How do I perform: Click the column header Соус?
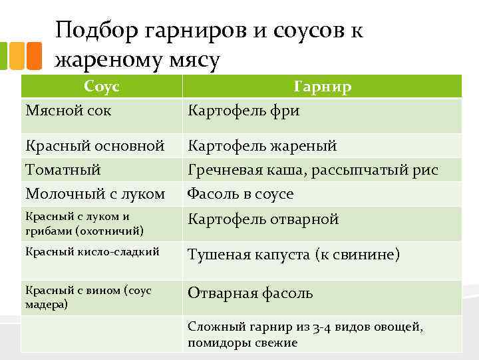(102, 86)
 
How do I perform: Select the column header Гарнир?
(323, 87)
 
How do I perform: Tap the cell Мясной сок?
(68, 110)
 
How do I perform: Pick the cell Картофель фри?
(243, 110)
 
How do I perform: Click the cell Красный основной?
(94, 145)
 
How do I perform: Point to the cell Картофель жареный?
(262, 145)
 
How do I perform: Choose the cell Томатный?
(63, 169)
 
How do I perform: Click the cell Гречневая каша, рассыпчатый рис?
(313, 169)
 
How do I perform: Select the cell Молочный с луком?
(94, 194)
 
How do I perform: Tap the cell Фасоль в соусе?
(240, 194)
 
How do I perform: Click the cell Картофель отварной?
(263, 219)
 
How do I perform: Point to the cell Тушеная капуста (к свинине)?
(293, 254)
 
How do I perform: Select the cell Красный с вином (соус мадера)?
(88, 297)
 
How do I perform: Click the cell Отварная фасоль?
(250, 293)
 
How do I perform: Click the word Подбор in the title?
(96, 31)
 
